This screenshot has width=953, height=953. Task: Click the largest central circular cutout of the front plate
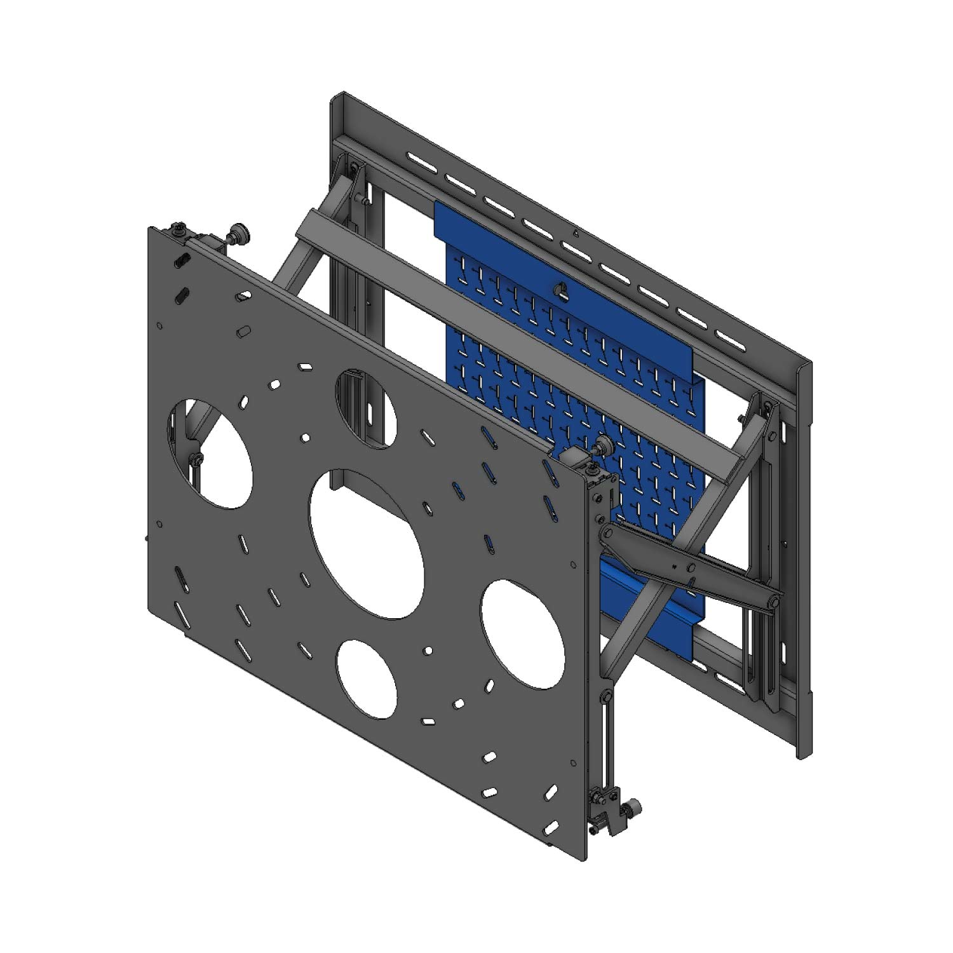pos(367,543)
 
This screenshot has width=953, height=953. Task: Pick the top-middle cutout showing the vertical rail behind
pos(365,407)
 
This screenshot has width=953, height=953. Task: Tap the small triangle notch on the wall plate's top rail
pos(574,233)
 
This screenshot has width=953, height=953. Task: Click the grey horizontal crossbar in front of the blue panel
pos(508,343)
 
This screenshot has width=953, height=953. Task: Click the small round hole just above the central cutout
pos(306,437)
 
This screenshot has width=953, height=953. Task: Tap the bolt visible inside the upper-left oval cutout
pos(198,459)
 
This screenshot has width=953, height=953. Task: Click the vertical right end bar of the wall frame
pos(804,559)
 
